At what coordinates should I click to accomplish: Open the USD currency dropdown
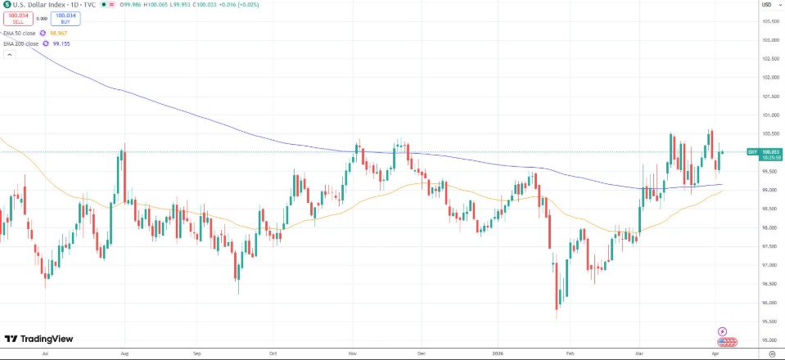click(x=766, y=5)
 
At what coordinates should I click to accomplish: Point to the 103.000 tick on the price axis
click(x=769, y=40)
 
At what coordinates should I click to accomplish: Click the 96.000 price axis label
click(x=769, y=303)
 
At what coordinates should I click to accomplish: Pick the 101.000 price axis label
click(x=769, y=115)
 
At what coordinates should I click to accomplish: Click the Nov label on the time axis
click(x=352, y=353)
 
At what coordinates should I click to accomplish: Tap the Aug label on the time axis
click(x=124, y=353)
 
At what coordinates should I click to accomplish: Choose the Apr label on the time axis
click(x=714, y=353)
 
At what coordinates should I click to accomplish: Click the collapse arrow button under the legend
click(x=9, y=54)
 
